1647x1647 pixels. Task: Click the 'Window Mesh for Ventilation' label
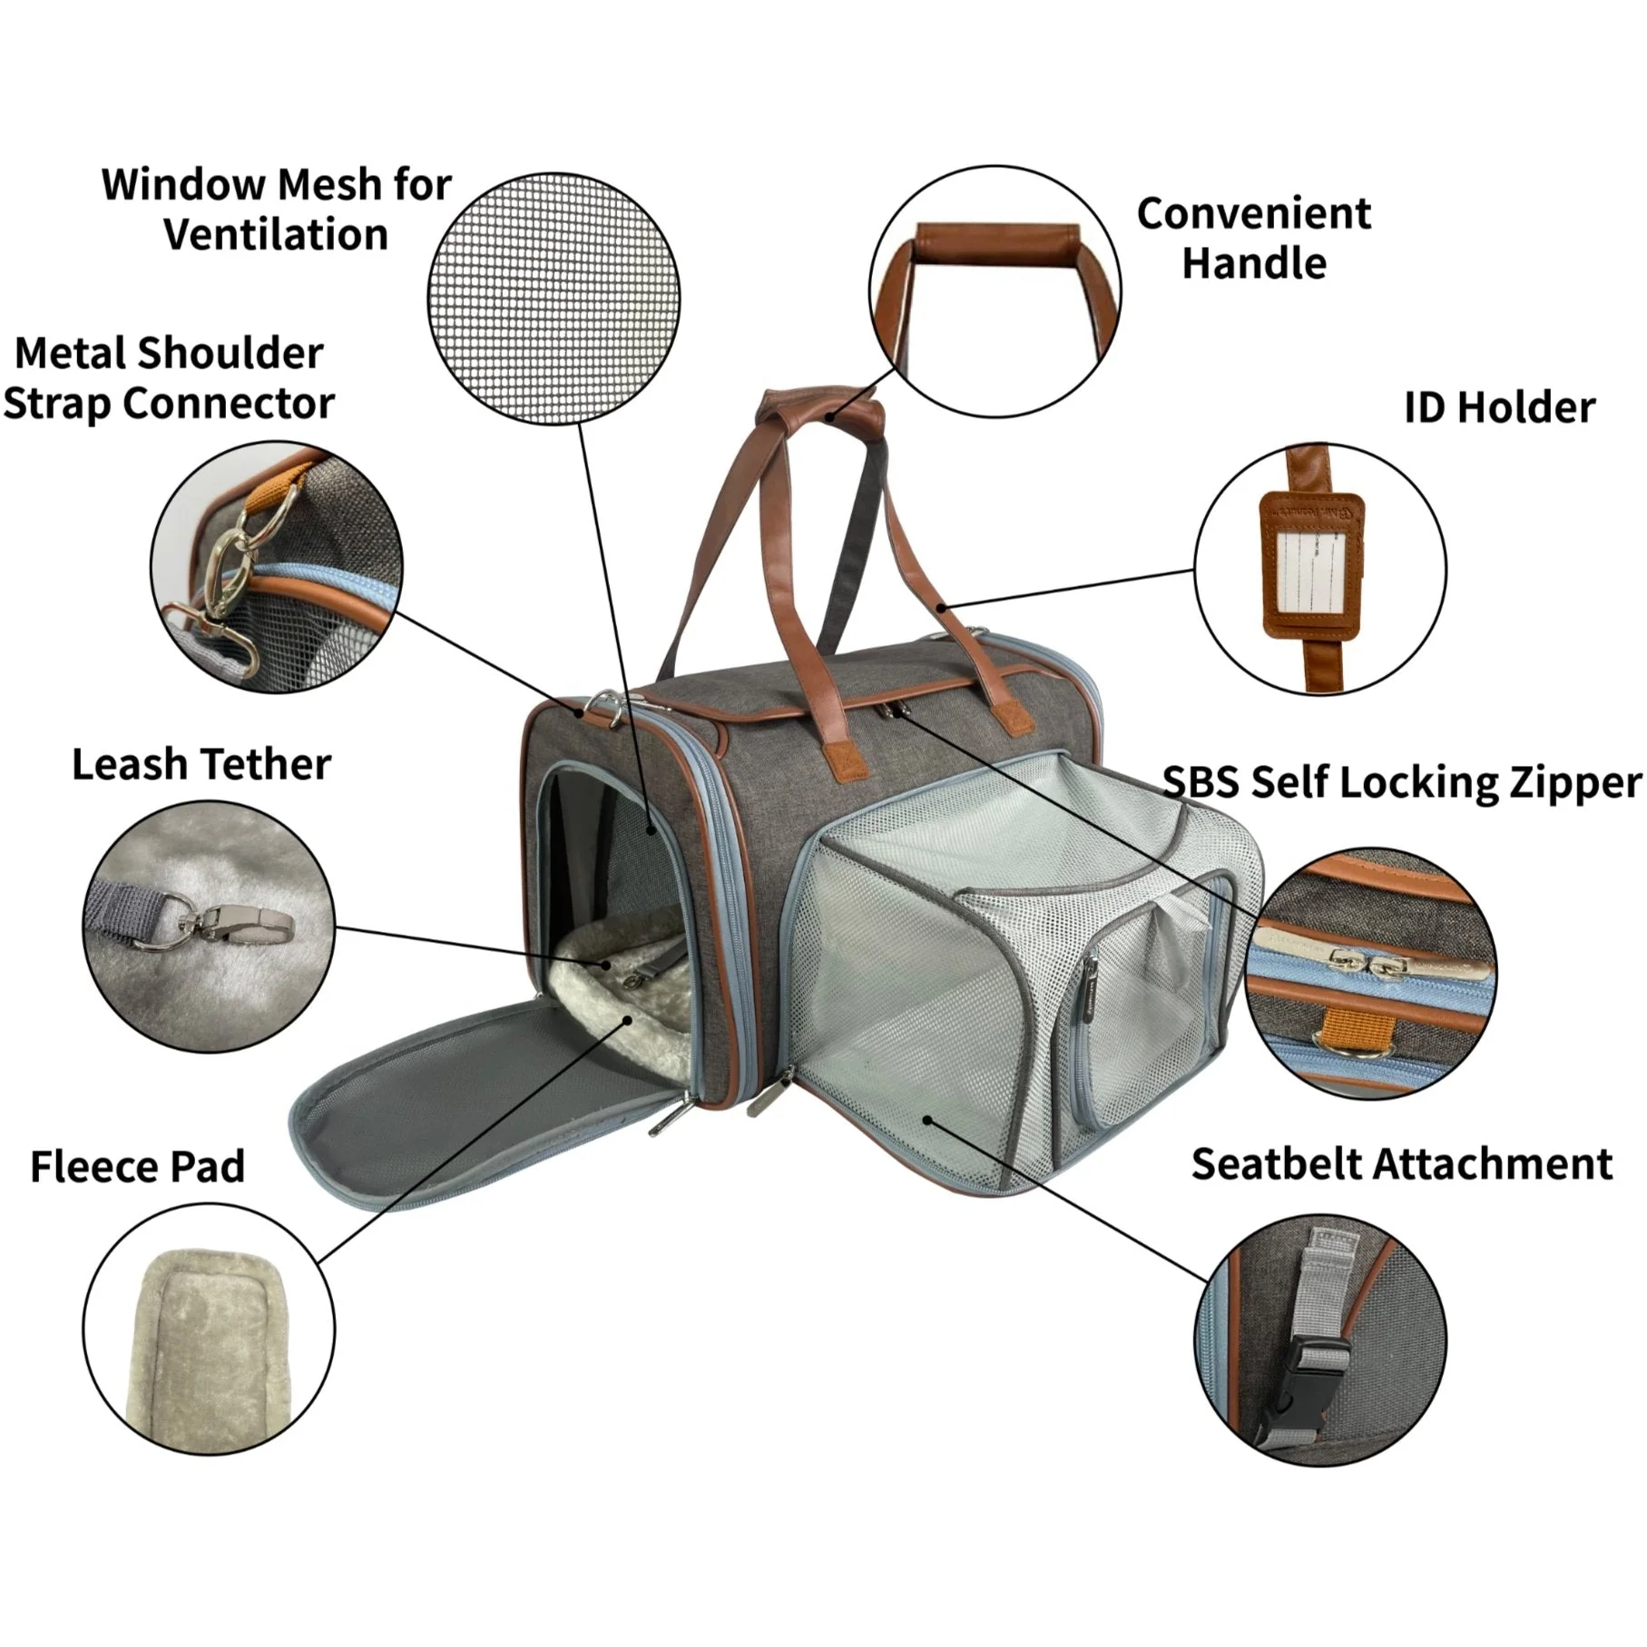point(276,210)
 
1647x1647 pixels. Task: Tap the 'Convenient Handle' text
point(1253,239)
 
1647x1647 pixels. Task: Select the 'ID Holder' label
point(1499,408)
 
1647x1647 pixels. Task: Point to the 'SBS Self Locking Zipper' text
point(1402,782)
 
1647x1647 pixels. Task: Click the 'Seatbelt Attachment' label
point(1402,1164)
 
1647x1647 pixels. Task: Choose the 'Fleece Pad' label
point(138,1167)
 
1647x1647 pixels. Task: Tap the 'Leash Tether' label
point(201,765)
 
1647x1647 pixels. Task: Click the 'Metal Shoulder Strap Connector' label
point(169,378)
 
